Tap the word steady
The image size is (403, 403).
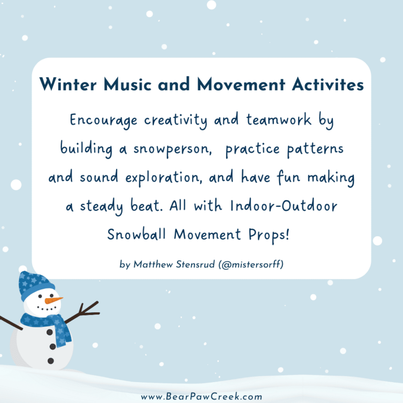pos(109,206)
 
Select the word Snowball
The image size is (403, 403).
pos(139,235)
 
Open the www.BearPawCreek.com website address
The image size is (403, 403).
pos(201,397)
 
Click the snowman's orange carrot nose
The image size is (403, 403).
pos(53,300)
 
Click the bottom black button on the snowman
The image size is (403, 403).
pos(51,360)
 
